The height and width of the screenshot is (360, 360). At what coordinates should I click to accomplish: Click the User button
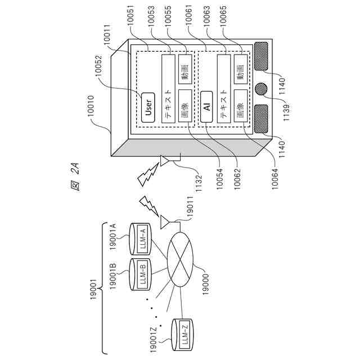click(x=148, y=107)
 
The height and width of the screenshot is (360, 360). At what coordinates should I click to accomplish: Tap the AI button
click(x=207, y=107)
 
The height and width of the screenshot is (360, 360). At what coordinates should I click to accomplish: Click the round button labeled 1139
click(x=262, y=89)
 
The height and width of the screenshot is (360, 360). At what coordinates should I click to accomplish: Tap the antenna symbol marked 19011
click(x=164, y=222)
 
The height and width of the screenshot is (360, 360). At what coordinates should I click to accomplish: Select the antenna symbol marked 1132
click(x=165, y=162)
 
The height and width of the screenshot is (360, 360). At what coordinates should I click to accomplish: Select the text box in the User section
click(x=169, y=88)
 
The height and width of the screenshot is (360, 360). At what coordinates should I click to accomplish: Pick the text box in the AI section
click(x=224, y=88)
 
